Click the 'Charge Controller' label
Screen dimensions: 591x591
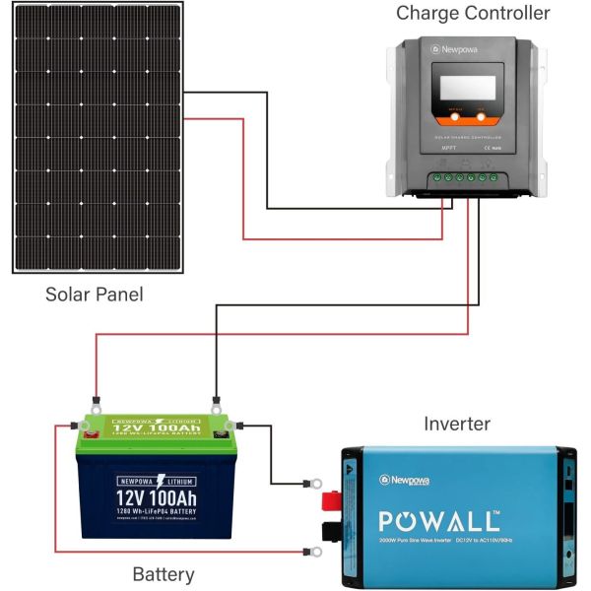coord(473,14)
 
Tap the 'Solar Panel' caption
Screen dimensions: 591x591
coord(95,295)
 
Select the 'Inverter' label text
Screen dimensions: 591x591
coord(457,425)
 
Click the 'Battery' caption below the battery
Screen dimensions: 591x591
coord(164,574)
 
